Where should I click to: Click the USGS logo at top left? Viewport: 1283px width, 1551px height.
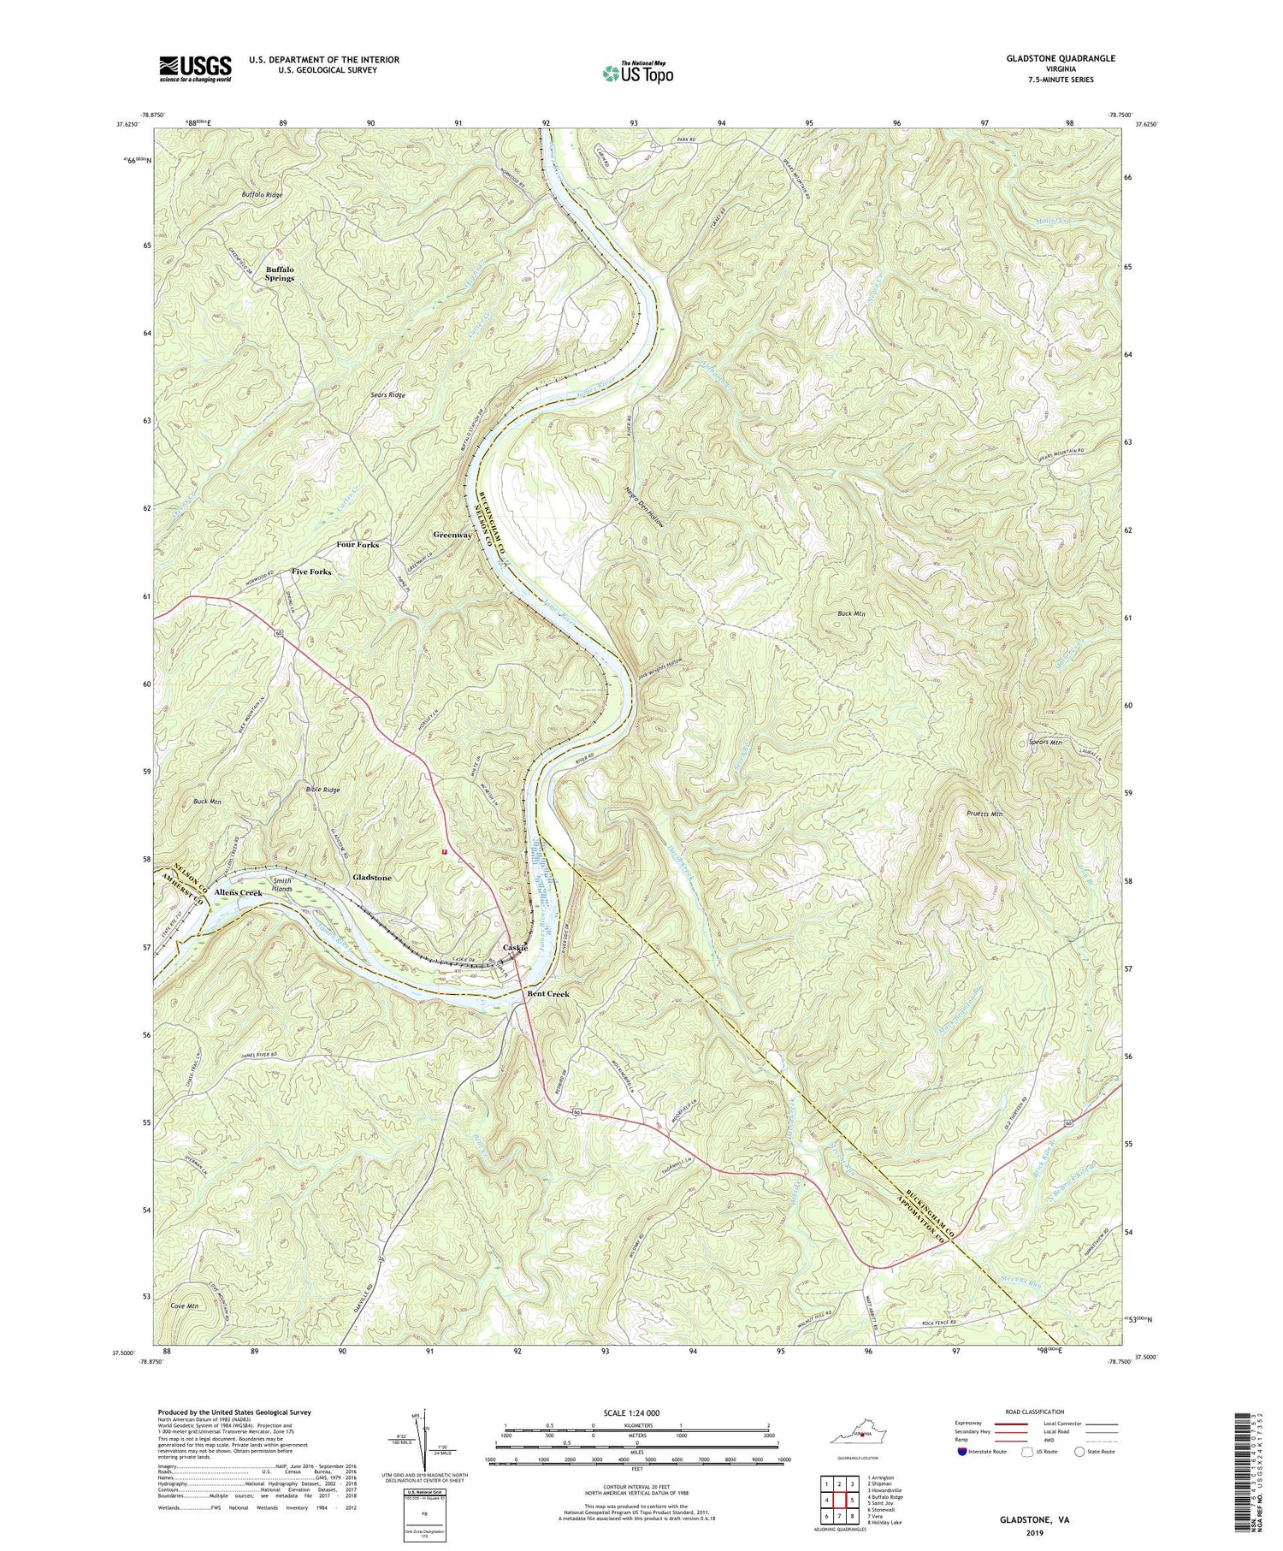pyautogui.click(x=195, y=68)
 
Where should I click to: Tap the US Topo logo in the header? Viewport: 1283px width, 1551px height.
pyautogui.click(x=638, y=74)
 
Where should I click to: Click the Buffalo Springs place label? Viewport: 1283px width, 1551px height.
pyautogui.click(x=280, y=274)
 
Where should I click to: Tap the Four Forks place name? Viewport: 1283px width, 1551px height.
pyautogui.click(x=358, y=545)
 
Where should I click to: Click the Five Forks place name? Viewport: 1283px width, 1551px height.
pyautogui.click(x=310, y=571)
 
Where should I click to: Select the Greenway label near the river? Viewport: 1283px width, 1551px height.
pyautogui.click(x=452, y=536)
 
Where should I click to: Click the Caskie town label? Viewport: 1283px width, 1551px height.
pyautogui.click(x=515, y=948)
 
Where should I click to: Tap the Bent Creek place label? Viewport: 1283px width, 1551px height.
pyautogui.click(x=547, y=994)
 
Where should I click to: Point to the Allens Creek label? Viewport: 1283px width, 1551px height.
pyautogui.click(x=239, y=893)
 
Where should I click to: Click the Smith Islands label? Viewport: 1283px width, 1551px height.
pyautogui.click(x=282, y=885)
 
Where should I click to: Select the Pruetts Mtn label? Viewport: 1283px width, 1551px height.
pyautogui.click(x=984, y=814)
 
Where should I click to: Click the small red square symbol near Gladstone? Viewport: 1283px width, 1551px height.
pyautogui.click(x=444, y=852)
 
